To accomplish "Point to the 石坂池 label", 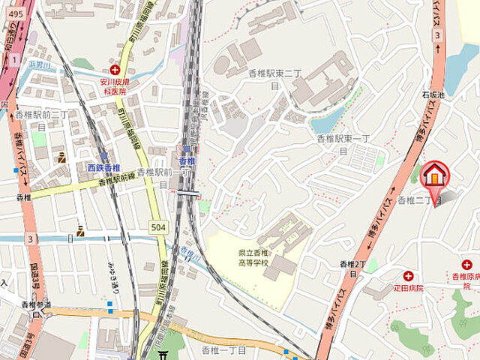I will tap(433, 95).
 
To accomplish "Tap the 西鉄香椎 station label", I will tap(104, 168).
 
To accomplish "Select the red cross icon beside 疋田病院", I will tap(408, 275).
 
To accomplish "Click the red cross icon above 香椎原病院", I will tap(466, 265).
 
